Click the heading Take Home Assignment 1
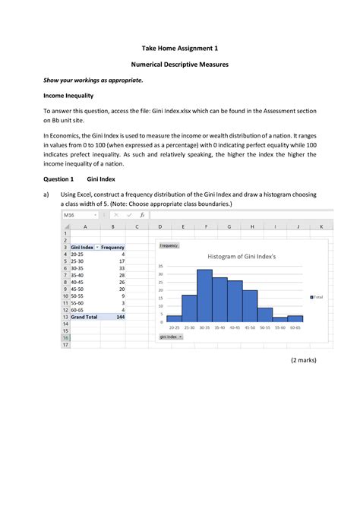(x=180, y=47)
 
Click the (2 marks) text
(x=303, y=359)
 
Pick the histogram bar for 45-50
(x=250, y=305)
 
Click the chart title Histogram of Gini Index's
(x=243, y=257)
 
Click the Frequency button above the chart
(x=169, y=245)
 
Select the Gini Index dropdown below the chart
(x=170, y=336)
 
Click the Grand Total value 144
(x=120, y=317)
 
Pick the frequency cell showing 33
(x=122, y=268)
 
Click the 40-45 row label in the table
(x=78, y=282)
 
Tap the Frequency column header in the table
(x=112, y=248)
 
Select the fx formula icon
(x=141, y=215)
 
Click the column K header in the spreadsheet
(x=321, y=226)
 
